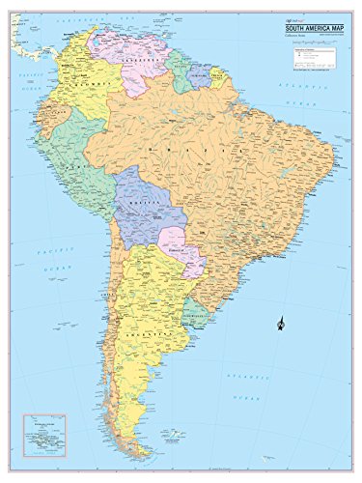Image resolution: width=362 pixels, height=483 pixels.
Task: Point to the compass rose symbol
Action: click(x=278, y=321)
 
